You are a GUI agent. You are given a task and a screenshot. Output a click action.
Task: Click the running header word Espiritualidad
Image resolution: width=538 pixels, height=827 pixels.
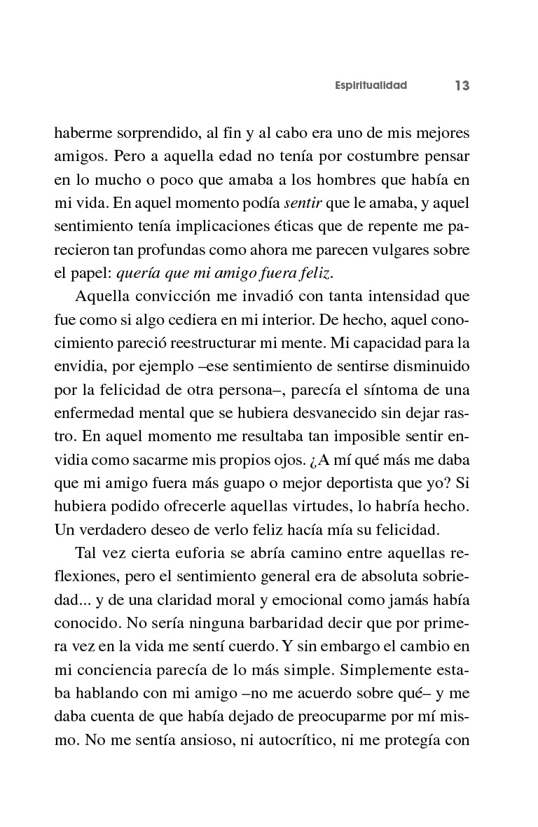coord(371,85)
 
